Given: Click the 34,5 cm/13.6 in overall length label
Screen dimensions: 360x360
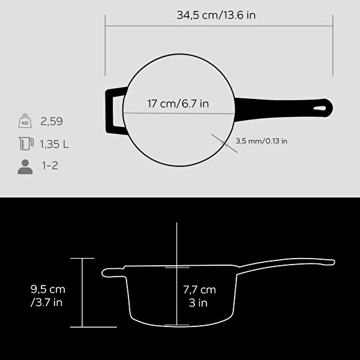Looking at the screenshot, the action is (x=216, y=16).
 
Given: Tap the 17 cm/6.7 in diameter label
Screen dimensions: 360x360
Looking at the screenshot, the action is (x=178, y=104).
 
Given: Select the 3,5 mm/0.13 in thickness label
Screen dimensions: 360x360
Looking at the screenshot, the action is (x=261, y=141).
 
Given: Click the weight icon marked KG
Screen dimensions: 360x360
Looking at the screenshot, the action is (x=25, y=121).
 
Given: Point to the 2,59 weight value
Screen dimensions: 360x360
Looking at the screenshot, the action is (x=52, y=121).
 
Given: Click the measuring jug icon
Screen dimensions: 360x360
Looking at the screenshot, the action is (x=26, y=143).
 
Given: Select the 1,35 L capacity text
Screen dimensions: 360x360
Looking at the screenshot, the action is (x=54, y=144).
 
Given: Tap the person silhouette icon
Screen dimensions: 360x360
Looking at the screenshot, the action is (x=25, y=167).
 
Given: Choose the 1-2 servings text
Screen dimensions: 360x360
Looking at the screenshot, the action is (x=50, y=166).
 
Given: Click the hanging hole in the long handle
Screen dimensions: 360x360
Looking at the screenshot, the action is (x=319, y=109).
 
